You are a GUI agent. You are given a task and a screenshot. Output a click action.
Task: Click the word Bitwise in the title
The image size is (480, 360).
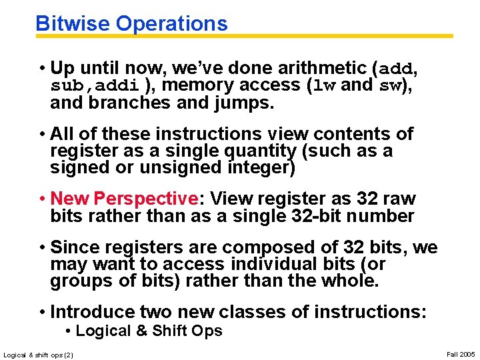(73, 24)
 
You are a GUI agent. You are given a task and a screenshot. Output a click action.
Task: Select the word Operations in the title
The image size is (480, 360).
(171, 24)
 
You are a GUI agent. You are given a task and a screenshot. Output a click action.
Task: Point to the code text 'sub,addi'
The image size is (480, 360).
(95, 86)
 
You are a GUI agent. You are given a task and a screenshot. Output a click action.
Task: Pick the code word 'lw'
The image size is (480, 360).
(325, 86)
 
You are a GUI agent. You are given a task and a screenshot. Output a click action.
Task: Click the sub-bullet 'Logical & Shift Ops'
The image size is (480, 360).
(149, 331)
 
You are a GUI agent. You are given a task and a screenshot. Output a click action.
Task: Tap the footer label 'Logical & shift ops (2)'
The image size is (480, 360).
(39, 354)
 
